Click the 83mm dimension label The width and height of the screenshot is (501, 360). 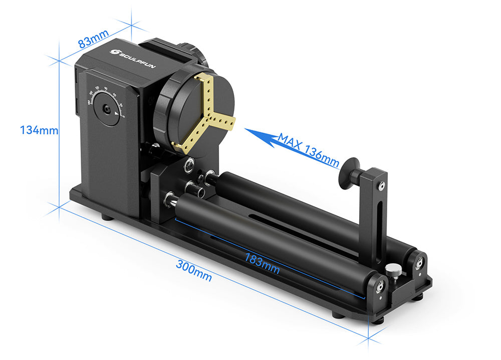(94, 40)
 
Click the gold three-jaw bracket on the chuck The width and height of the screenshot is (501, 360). (206, 113)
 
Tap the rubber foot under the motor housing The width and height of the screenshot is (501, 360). (106, 218)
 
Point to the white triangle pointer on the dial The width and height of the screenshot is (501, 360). (117, 115)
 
